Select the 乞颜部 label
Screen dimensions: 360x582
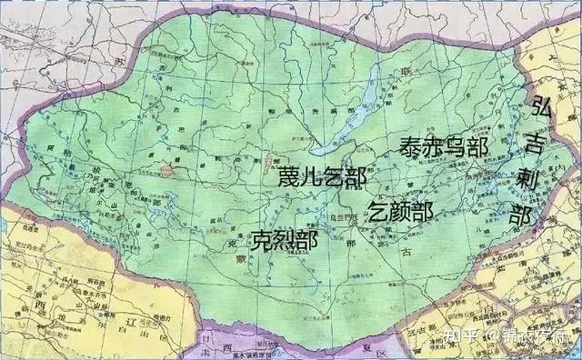tap(400, 212)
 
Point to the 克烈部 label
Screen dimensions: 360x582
tap(285, 240)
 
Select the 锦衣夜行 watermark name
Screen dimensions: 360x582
tap(536, 338)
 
